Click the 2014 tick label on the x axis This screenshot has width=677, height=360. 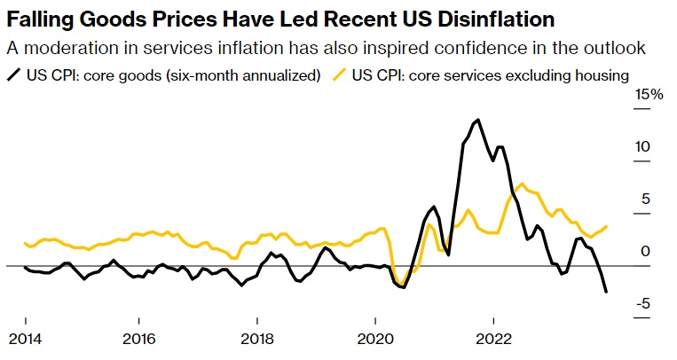tap(25, 338)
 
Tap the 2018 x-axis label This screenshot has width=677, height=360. tap(257, 338)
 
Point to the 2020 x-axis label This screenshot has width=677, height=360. tap(374, 338)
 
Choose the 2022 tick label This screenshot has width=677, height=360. tap(492, 338)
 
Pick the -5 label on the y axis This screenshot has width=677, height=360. tap(650, 303)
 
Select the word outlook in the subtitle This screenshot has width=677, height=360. tap(618, 48)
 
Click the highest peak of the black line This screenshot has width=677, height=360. tap(478, 120)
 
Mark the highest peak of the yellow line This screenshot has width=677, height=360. tap(522, 184)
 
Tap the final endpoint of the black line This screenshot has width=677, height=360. tap(606, 292)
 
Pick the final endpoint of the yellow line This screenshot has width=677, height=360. tap(606, 226)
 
